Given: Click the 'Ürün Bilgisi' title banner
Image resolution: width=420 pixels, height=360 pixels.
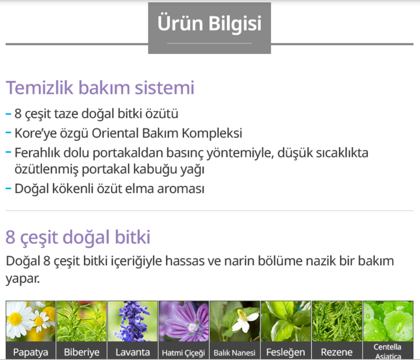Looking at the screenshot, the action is pos(210,28).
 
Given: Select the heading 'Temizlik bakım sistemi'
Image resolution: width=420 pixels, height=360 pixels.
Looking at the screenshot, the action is pos(100,87).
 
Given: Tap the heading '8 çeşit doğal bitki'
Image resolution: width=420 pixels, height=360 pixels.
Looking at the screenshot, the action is pos(78,237).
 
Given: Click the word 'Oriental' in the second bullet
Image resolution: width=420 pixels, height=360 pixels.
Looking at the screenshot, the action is pos(115,133).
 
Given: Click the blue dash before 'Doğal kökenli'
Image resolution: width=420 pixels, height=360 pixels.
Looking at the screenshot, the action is pos(8,189).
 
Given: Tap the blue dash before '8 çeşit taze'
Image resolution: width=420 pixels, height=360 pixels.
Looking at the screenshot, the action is pos(8,114).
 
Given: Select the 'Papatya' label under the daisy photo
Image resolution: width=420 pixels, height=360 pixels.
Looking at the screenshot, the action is pos(30,352).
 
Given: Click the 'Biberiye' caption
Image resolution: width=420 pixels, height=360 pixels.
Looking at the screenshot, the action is pos(81,352).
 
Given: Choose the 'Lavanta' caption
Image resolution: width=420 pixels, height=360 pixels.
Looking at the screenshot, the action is pos(133,352).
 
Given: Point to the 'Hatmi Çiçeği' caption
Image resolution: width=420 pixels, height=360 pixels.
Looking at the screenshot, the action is pos(183,353).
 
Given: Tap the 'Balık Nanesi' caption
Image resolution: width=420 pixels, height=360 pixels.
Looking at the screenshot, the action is pos(235,353).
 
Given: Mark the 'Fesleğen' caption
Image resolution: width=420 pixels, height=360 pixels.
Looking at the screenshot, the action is pos(286,352).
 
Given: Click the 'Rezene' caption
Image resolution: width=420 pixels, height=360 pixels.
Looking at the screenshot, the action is pos(337,352).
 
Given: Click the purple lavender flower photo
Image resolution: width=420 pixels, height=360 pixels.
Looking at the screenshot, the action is pos(133,321).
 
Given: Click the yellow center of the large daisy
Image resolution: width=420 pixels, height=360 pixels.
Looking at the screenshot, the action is pos(15,319).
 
